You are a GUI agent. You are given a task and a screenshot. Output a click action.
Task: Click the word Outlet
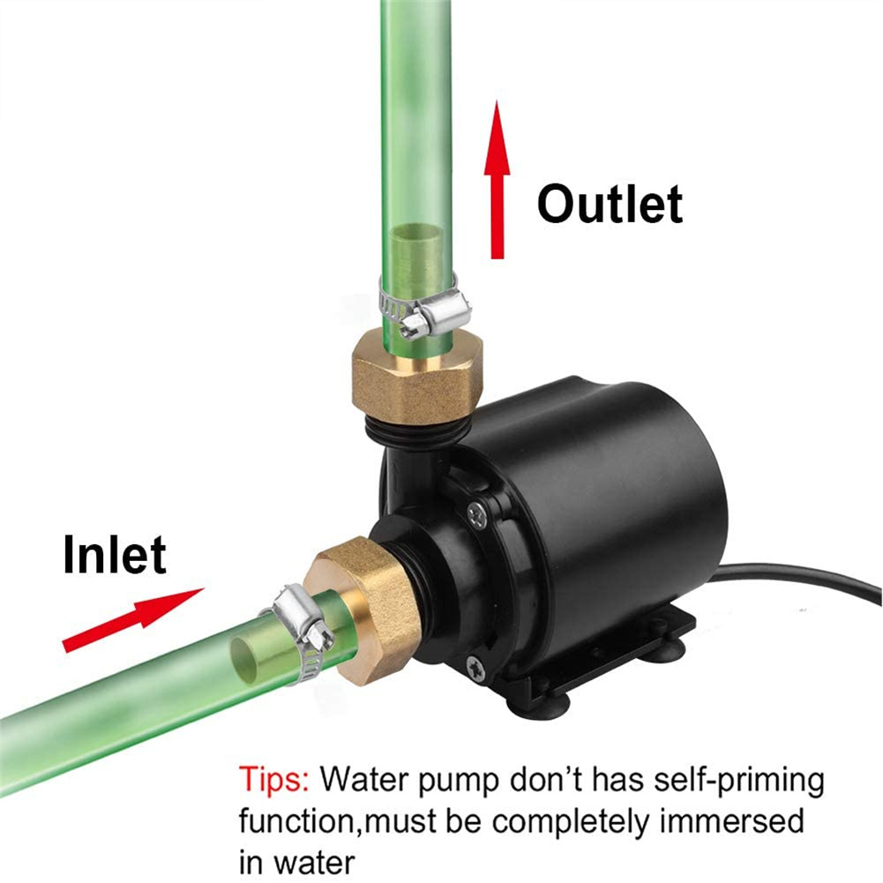pos(610,204)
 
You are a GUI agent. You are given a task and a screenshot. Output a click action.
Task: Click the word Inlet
pos(115,555)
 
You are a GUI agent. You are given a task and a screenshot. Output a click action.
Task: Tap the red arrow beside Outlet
pos(497,180)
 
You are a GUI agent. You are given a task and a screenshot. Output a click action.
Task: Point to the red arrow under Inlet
pos(133,620)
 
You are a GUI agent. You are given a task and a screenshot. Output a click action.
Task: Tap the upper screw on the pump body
pos(477,514)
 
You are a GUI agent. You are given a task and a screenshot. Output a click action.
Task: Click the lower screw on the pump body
pos(475,669)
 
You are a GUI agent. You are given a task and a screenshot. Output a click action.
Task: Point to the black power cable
pos(799,580)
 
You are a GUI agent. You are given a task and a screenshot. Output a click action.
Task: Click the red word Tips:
pos(274,779)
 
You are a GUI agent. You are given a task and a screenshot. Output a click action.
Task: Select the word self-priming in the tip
pos(739,781)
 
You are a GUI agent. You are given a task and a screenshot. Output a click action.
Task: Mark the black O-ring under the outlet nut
pos(416,430)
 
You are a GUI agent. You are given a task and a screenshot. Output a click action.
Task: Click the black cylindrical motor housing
pos(608,496)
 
